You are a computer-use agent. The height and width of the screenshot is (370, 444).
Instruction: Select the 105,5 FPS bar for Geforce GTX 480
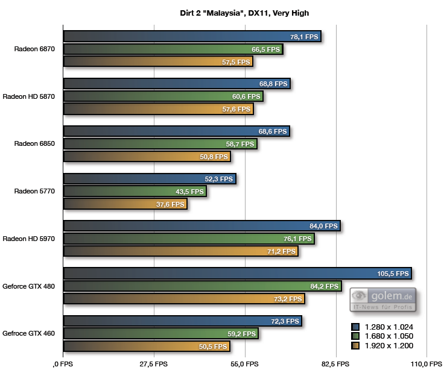(237, 274)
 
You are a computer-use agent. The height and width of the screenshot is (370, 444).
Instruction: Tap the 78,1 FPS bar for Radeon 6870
(192, 37)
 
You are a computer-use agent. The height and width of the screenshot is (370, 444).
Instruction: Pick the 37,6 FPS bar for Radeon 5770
(125, 204)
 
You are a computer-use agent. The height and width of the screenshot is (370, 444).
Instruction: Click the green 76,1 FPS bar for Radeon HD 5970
(189, 239)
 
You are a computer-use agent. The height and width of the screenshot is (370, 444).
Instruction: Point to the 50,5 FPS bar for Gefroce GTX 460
(147, 346)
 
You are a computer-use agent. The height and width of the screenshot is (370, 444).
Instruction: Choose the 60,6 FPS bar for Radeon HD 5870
(163, 96)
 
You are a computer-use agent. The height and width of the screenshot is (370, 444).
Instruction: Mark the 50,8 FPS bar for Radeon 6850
(147, 157)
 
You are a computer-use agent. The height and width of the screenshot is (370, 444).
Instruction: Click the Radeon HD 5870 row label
(29, 96)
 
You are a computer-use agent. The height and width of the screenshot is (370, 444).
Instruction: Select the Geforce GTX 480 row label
(29, 286)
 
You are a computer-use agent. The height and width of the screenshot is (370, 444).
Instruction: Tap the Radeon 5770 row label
(35, 192)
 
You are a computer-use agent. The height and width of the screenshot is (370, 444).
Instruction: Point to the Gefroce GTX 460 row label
(29, 333)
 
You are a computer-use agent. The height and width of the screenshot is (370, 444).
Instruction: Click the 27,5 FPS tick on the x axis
(154, 364)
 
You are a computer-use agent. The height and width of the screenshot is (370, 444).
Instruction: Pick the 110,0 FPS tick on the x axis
(426, 364)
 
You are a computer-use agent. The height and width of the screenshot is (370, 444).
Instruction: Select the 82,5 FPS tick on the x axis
(335, 364)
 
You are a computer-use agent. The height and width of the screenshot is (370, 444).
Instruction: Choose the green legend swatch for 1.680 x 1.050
(355, 336)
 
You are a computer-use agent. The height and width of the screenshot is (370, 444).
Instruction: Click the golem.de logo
(382, 299)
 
